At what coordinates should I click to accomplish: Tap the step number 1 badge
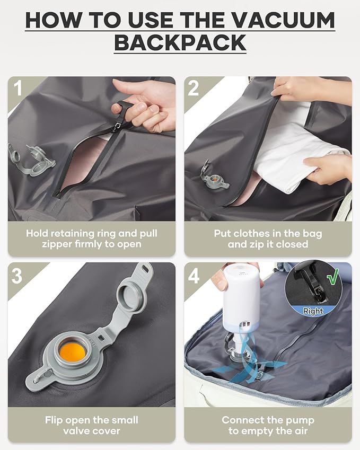[18, 89]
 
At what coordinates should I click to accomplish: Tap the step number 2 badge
[194, 89]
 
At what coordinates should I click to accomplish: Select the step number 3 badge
[18, 275]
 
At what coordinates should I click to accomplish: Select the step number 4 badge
[194, 275]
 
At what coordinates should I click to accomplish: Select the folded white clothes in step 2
[297, 159]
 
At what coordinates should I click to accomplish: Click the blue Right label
[313, 311]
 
